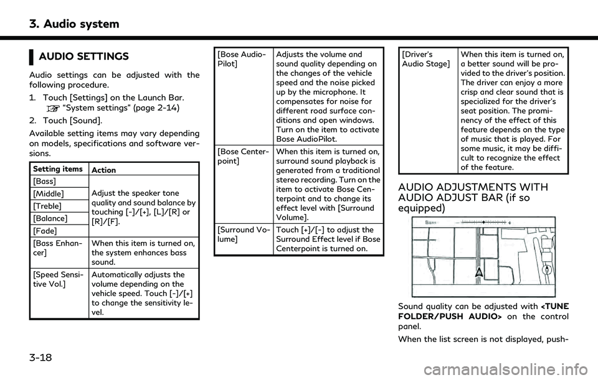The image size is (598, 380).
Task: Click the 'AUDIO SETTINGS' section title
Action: pyautogui.click(x=83, y=57)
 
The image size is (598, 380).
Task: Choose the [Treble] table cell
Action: pyautogui.click(x=45, y=205)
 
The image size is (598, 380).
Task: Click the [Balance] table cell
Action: pyautogui.click(x=48, y=218)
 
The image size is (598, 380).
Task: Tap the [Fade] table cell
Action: pyautogui.click(x=43, y=231)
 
